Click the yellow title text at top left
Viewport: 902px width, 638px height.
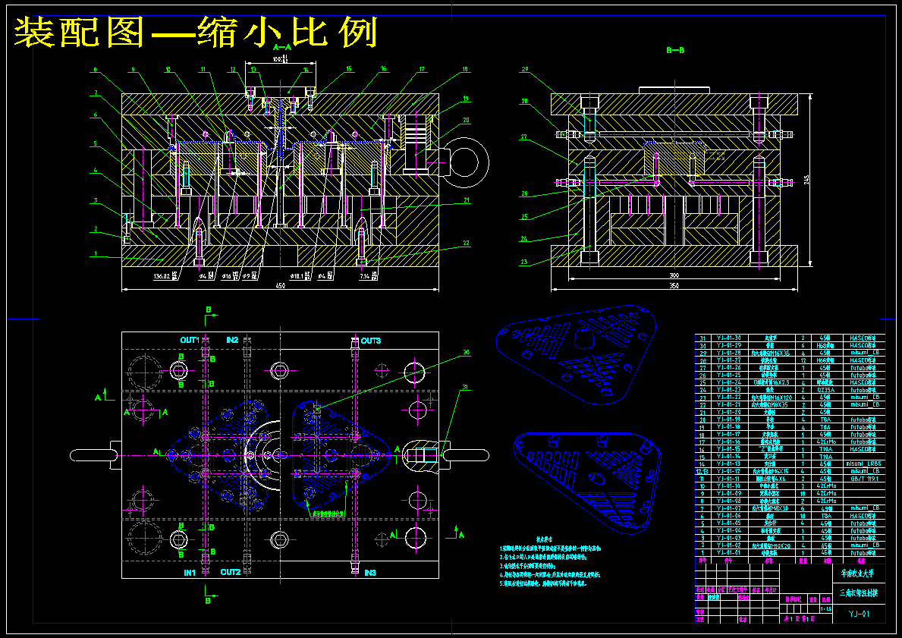[196, 32]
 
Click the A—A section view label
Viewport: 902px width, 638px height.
[281, 47]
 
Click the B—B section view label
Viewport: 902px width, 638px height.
[675, 50]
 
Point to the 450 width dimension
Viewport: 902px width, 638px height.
[280, 286]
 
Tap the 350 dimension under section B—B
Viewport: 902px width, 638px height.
[674, 285]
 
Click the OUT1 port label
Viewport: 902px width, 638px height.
[189, 339]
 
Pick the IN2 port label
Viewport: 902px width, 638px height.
[232, 339]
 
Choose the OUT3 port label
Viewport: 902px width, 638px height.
[371, 341]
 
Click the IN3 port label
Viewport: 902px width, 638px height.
[370, 572]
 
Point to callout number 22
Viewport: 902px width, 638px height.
[466, 244]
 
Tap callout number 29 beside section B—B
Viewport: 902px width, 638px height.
[523, 70]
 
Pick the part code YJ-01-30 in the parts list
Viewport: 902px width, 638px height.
[730, 338]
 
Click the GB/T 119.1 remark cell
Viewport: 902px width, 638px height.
[863, 479]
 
